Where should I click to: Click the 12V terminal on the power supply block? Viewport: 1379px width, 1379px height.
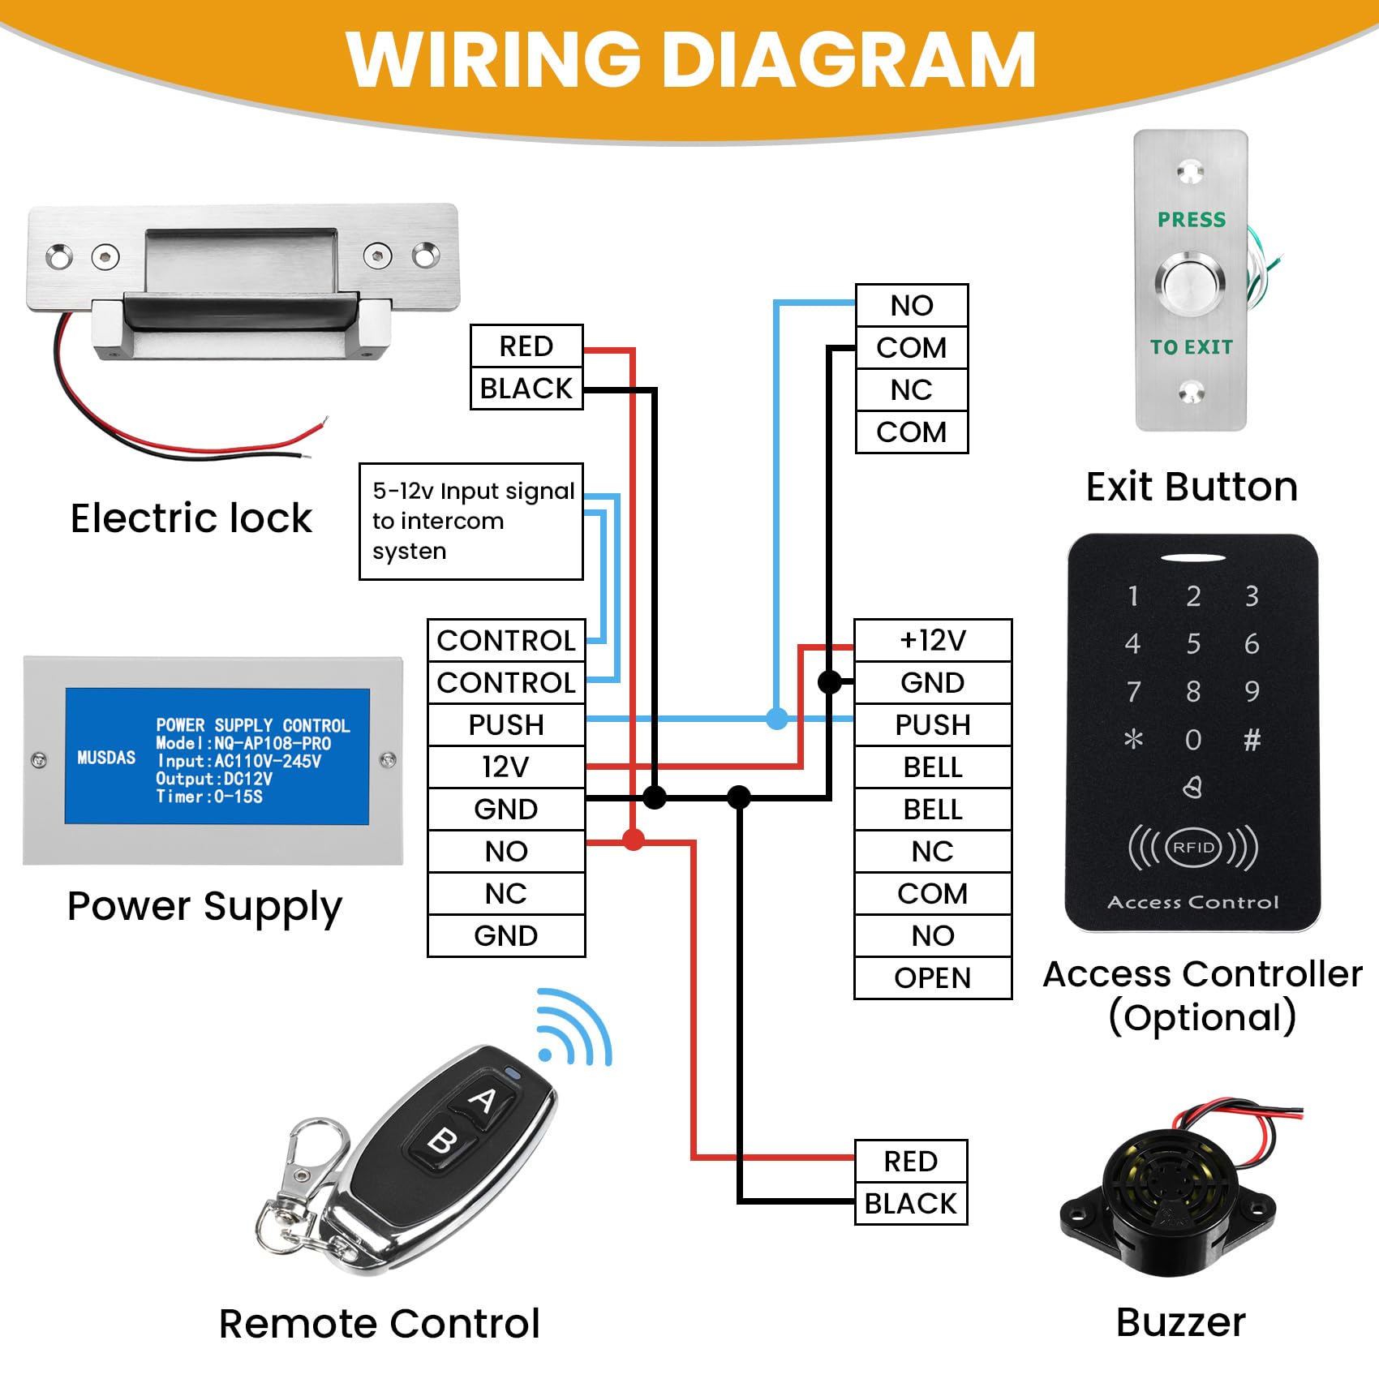506,767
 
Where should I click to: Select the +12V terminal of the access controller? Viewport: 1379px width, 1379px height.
933,640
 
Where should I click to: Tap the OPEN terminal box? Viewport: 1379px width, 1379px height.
933,977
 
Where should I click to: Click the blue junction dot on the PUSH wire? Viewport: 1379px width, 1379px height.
777,718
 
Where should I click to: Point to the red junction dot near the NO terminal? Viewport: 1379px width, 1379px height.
634,840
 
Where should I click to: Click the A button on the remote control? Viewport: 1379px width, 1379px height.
483,1101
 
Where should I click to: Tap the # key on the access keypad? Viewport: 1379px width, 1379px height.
1252,739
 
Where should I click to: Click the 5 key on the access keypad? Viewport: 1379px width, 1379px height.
1193,643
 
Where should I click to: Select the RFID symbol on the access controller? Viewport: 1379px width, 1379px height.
1193,848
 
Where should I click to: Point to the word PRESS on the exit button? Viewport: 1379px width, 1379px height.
1192,220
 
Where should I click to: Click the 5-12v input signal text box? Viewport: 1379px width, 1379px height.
471,521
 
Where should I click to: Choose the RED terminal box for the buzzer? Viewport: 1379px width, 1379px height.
911,1161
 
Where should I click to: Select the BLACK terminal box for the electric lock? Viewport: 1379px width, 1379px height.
526,389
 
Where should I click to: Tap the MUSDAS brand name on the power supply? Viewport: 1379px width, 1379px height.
106,758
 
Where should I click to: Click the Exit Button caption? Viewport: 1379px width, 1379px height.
1192,487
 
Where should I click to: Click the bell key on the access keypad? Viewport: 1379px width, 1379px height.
1192,787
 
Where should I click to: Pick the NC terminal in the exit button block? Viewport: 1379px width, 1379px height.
912,390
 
